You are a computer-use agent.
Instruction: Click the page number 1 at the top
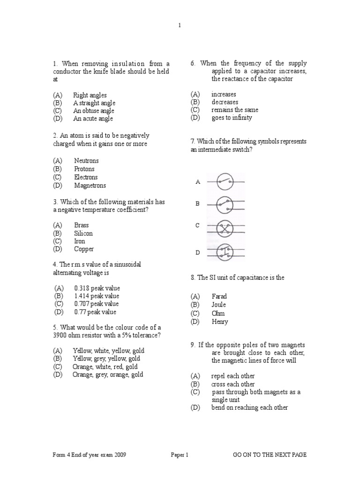pos(180,26)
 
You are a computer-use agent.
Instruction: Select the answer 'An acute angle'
pos(93,119)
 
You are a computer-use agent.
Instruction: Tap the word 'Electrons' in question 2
pos(86,177)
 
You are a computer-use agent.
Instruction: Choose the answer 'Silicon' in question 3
pos(83,233)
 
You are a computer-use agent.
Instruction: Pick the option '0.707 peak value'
pos(97,304)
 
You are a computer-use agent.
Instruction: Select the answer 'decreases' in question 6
pos(225,102)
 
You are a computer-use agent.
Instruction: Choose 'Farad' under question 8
pos(219,297)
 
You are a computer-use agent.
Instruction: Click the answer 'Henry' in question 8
pos(220,322)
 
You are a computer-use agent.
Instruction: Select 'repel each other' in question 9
pos(233,376)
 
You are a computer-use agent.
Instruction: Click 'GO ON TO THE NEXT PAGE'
pos(270,455)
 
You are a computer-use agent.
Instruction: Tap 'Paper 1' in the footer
pos(179,455)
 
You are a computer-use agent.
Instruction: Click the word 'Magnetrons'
pos(90,186)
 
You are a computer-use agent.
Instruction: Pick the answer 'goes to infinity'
pos(232,118)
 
